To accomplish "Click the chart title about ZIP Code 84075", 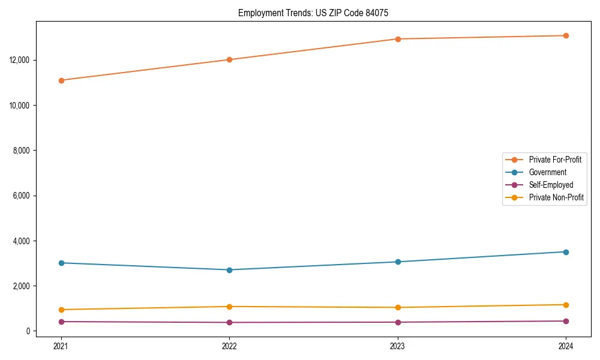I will pyautogui.click(x=313, y=13).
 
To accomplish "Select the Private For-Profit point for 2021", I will pyautogui.click(x=61, y=80).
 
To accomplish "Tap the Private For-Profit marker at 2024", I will pyautogui.click(x=566, y=35).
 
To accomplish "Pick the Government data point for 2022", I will pyautogui.click(x=229, y=270).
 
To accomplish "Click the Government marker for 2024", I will pyautogui.click(x=566, y=252).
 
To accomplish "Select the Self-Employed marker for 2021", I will pyautogui.click(x=61, y=322).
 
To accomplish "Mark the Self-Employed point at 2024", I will pyautogui.click(x=566, y=321).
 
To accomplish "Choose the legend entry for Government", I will pyautogui.click(x=547, y=172).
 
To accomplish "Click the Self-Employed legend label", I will pyautogui.click(x=551, y=185).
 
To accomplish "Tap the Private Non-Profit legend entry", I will pyautogui.click(x=556, y=197).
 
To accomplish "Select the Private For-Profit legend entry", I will pyautogui.click(x=555, y=160).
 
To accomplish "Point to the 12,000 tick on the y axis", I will pyautogui.click(x=22, y=60).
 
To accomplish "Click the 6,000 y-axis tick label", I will pyautogui.click(x=23, y=196).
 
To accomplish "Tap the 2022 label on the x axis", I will pyautogui.click(x=229, y=346).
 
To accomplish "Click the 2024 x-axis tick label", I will pyautogui.click(x=566, y=346).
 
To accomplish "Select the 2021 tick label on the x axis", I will pyautogui.click(x=61, y=346).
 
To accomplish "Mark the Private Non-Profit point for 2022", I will pyautogui.click(x=229, y=307).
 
